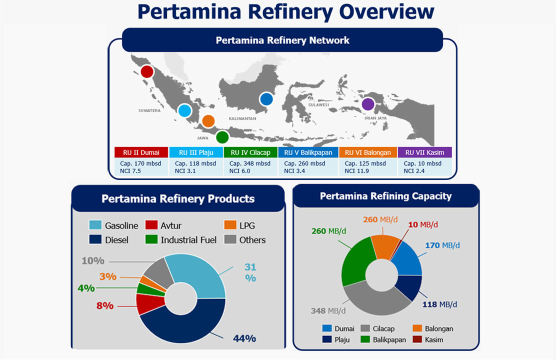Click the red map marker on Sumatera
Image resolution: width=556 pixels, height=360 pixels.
(147, 71)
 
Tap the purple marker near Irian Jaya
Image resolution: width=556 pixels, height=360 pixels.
(368, 104)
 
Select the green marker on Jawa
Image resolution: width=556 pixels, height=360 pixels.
(222, 137)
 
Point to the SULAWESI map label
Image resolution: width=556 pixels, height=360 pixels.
(318, 104)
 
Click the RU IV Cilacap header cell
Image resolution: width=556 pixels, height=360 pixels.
(250, 152)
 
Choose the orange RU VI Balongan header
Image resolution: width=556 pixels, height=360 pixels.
(367, 152)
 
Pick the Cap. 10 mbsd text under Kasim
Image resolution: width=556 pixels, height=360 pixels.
(422, 163)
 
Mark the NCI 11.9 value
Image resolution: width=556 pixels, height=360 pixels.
(356, 171)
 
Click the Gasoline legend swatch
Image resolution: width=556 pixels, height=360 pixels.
(95, 225)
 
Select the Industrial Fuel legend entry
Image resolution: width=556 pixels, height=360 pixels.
(181, 240)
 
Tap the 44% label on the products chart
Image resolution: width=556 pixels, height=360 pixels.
(244, 338)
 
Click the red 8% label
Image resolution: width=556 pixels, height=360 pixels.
(105, 305)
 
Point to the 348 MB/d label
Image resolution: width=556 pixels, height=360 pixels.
(328, 310)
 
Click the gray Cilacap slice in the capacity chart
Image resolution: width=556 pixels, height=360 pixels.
(374, 301)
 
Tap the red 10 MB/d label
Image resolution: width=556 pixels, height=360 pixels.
(422, 224)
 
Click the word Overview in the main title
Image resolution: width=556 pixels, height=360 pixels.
(386, 11)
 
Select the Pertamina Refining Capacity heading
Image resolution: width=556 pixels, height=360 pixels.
(386, 196)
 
